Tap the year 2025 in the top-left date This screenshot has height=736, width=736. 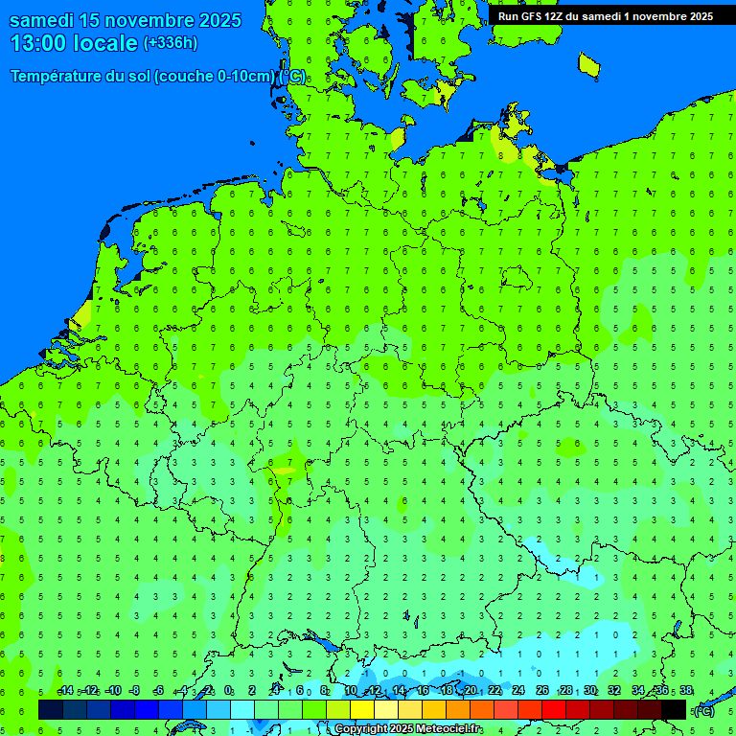241,20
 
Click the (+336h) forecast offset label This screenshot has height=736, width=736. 171,43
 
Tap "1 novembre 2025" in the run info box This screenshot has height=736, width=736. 660,15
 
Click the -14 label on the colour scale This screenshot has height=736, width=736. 65,691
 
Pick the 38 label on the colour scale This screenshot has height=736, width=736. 686,691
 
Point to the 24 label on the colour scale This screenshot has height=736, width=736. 518,691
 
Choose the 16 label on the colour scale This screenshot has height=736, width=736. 423,691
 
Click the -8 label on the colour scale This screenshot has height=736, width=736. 135,691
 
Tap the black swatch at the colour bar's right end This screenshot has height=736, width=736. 674,709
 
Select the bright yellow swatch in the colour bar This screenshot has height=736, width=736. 362,709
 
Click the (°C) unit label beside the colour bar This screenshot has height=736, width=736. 703,710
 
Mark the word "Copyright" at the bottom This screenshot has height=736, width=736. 359,729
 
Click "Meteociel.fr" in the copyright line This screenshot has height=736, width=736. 449,729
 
